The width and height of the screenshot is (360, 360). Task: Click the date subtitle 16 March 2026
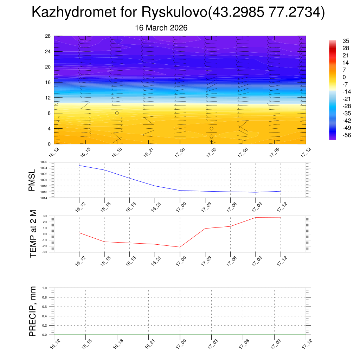161,28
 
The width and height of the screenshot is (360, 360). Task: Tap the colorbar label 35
346,41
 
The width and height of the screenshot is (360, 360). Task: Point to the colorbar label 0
344,77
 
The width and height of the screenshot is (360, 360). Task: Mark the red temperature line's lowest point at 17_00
180,247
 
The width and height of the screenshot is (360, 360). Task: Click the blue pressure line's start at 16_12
79,165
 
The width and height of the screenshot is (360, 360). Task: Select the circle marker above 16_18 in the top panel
117,113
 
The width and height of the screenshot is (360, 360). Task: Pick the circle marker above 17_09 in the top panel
274,117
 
